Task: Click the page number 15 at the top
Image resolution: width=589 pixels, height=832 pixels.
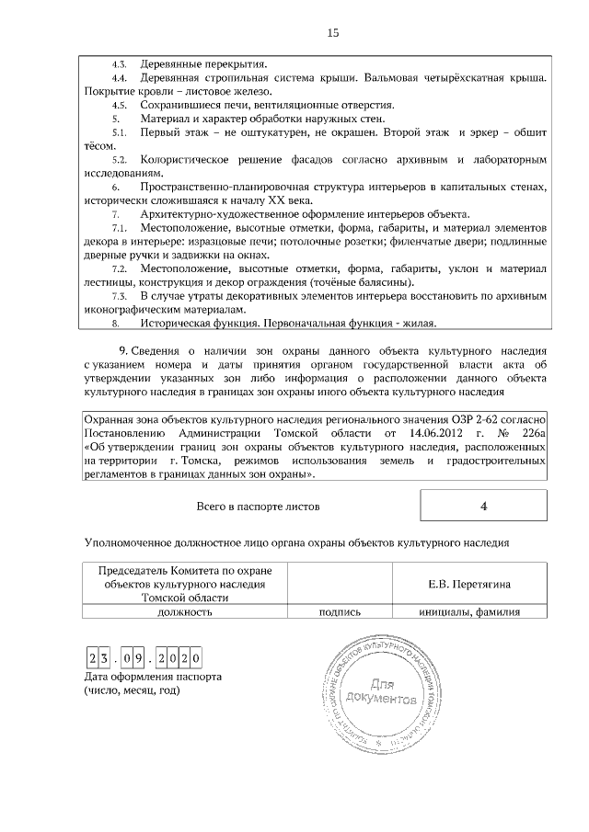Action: coord(333,33)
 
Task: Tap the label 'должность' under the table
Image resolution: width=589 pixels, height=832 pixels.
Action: coord(185,610)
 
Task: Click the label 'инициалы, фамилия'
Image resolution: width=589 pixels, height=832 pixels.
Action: coord(469,610)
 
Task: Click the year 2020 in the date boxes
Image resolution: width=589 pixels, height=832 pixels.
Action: coord(179,658)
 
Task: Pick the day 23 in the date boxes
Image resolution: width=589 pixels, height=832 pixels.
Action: coord(99,658)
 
